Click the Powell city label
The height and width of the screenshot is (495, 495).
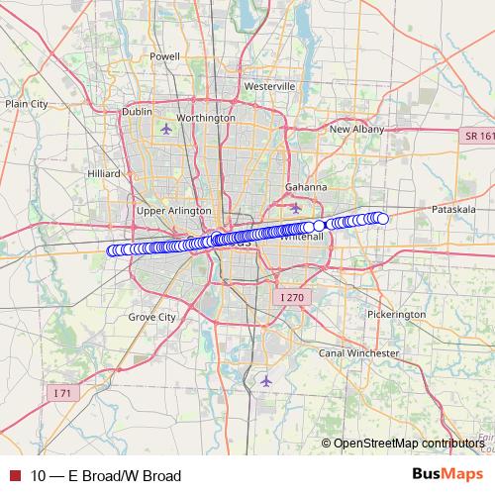click(164, 56)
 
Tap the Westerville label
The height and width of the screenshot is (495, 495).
click(269, 86)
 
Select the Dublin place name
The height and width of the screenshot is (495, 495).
click(137, 112)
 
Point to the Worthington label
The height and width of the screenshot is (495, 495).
click(204, 117)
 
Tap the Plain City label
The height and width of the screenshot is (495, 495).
click(26, 103)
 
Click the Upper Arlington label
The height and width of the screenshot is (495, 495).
click(174, 211)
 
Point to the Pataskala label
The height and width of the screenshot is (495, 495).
click(455, 211)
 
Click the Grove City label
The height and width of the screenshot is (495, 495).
click(151, 318)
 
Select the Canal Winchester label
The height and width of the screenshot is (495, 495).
click(359, 352)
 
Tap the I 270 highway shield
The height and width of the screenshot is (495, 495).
click(291, 296)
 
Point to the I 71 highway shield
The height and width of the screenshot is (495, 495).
click(62, 393)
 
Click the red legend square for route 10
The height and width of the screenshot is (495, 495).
click(15, 475)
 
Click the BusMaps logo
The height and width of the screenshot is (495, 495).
click(446, 474)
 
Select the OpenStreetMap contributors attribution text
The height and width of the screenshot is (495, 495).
click(409, 444)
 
